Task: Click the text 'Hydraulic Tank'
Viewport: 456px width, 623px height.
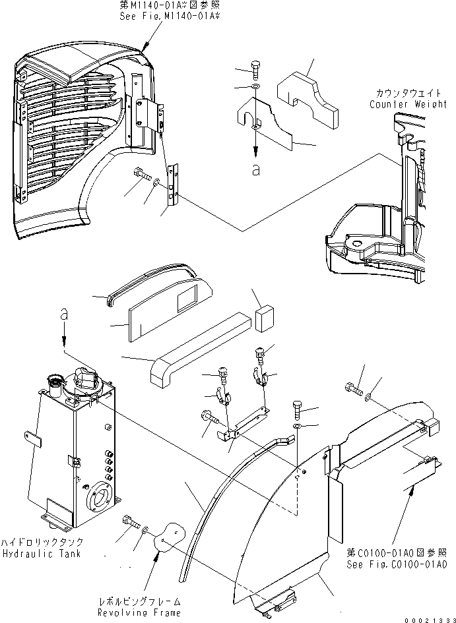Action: pyautogui.click(x=41, y=554)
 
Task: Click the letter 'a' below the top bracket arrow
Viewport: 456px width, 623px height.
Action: pyautogui.click(x=255, y=169)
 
